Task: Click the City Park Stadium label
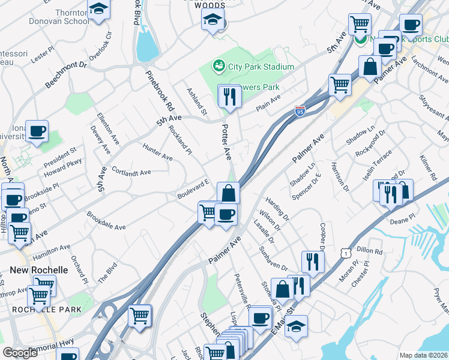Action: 261,67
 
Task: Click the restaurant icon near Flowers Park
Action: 229,96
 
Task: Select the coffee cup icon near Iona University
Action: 37,131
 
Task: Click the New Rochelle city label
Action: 39,270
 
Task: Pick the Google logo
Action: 20,353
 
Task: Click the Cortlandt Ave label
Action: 130,172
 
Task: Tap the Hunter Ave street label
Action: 157,152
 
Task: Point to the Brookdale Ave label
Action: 106,220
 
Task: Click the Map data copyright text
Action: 424,355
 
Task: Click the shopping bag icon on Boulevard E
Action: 229,193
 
